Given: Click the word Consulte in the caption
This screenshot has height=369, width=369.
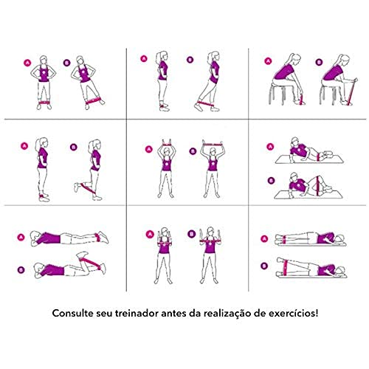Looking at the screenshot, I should point(75,313).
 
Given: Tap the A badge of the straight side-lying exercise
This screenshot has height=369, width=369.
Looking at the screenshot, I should point(264,238).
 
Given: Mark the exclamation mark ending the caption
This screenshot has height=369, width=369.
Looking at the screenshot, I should point(317,313).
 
